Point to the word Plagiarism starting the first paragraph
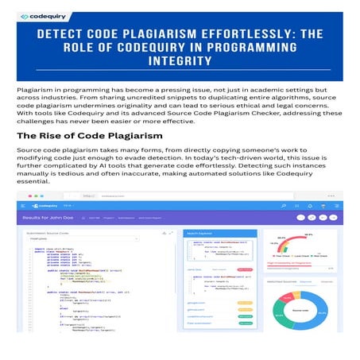click(x=37, y=91)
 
